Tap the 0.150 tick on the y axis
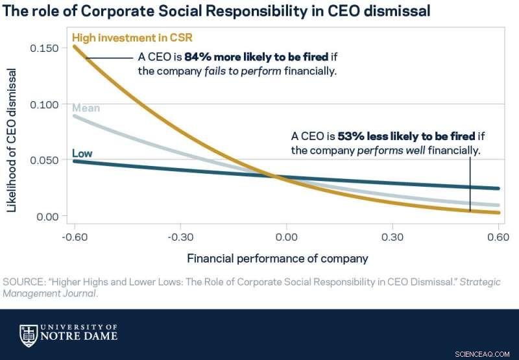(44, 49)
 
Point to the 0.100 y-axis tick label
(44, 104)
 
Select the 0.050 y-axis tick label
(44, 160)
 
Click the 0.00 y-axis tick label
(47, 216)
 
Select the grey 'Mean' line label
(86, 108)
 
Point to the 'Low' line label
(82, 153)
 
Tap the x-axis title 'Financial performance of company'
(278, 258)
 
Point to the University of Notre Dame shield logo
(28, 335)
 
